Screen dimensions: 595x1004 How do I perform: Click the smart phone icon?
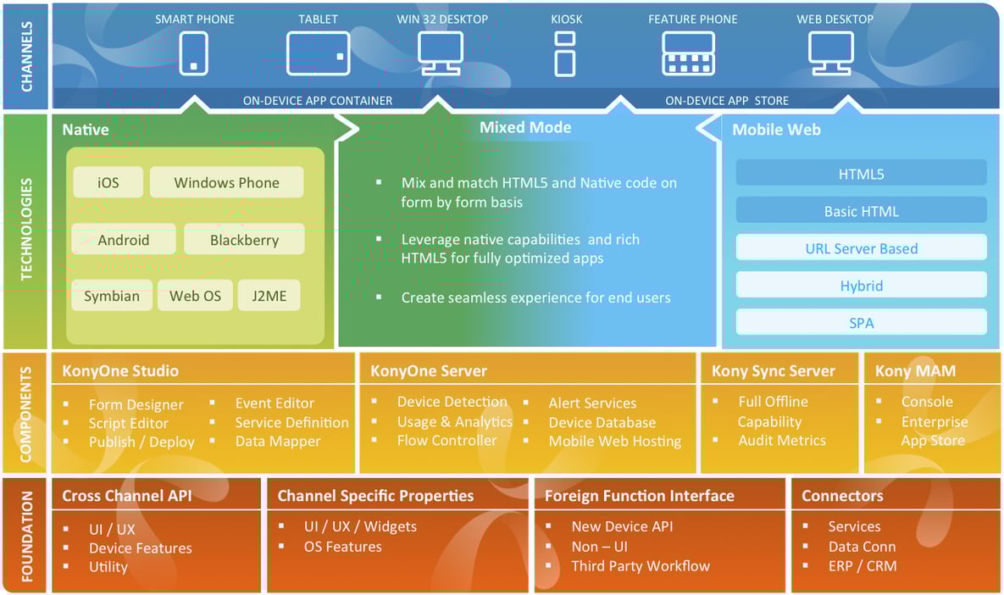pyautogui.click(x=194, y=53)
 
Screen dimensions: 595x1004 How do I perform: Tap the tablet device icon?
pyautogui.click(x=318, y=53)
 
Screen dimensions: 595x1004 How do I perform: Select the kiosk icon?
pyautogui.click(x=564, y=53)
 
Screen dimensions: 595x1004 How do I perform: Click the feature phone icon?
pyautogui.click(x=687, y=53)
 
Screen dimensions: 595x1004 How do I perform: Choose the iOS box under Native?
pyautogui.click(x=108, y=183)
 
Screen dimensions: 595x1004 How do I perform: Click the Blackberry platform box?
pyautogui.click(x=244, y=240)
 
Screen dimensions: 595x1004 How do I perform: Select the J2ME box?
pyautogui.click(x=269, y=296)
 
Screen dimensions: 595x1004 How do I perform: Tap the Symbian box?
pyautogui.click(x=112, y=296)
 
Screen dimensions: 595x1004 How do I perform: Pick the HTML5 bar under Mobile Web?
pyautogui.click(x=861, y=174)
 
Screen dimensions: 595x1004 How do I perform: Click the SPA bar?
pyautogui.click(x=861, y=323)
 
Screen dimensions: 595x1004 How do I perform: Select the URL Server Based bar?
pyautogui.click(x=861, y=248)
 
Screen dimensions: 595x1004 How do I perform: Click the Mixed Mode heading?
pyautogui.click(x=525, y=128)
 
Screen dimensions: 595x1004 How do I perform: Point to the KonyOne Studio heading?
pyautogui.click(x=120, y=371)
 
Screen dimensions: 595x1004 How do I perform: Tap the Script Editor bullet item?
pyautogui.click(x=128, y=423)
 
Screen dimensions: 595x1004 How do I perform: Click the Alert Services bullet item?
pyautogui.click(x=591, y=403)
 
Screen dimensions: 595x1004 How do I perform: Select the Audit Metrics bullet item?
pyautogui.click(x=781, y=441)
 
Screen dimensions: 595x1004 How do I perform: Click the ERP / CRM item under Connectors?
pyautogui.click(x=862, y=566)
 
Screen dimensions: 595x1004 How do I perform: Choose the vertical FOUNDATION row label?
pyautogui.click(x=26, y=535)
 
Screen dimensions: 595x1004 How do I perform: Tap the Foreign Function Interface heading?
pyautogui.click(x=639, y=496)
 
